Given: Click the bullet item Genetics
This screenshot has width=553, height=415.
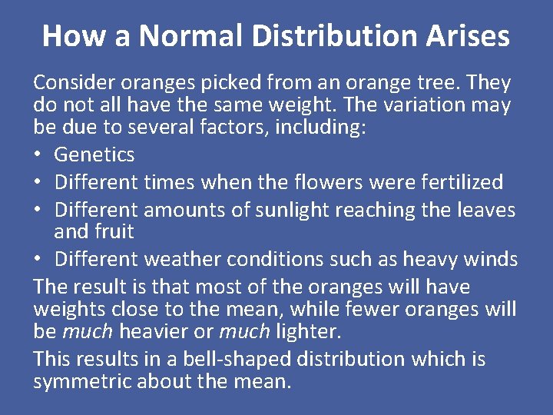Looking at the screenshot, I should [94, 155].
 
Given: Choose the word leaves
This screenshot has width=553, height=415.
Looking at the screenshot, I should [484, 210].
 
